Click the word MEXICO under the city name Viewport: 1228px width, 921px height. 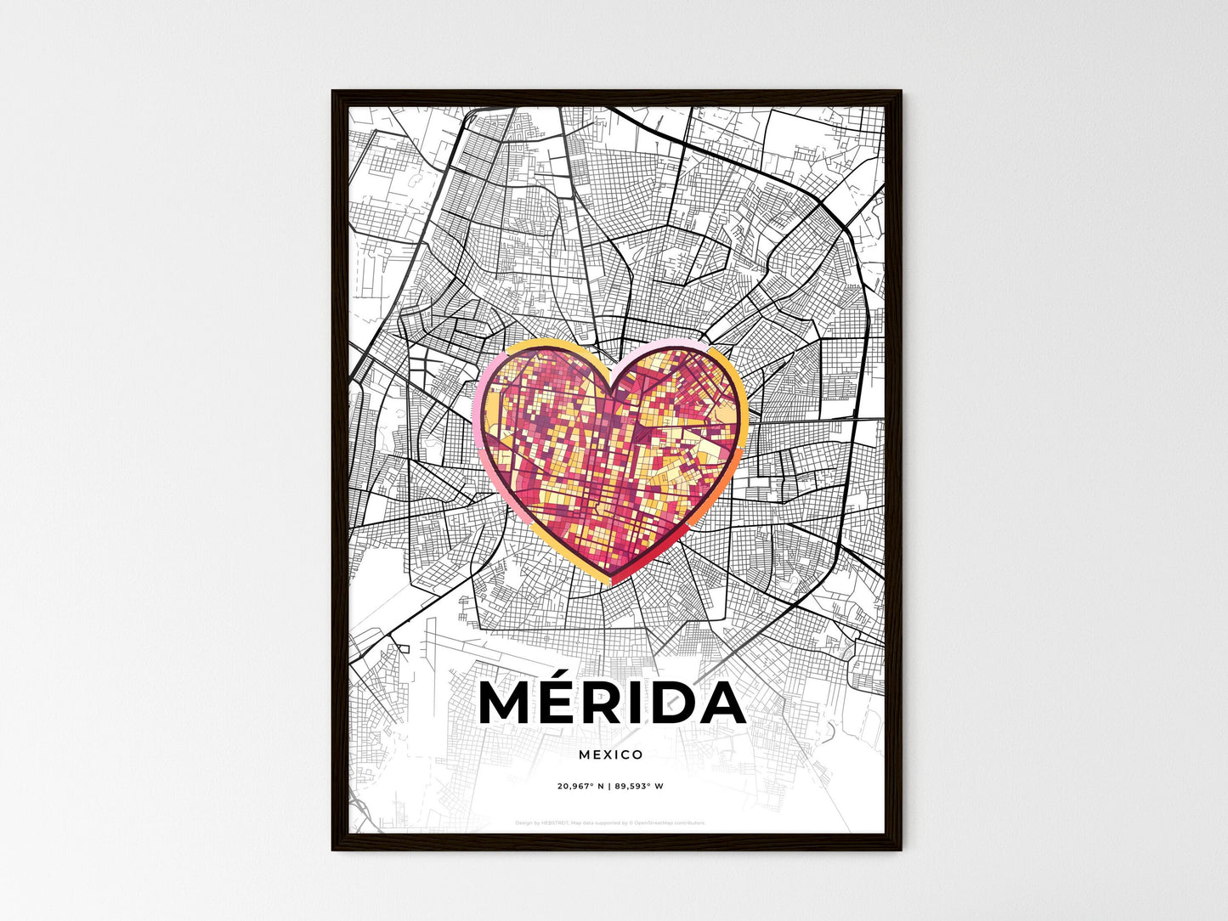pos(610,754)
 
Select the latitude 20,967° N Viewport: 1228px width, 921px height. pos(580,786)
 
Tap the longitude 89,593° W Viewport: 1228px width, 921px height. pos(640,786)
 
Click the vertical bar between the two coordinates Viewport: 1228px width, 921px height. pos(610,786)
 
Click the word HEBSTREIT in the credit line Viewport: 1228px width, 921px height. pos(555,822)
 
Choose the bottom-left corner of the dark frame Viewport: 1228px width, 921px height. pos(333,849)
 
